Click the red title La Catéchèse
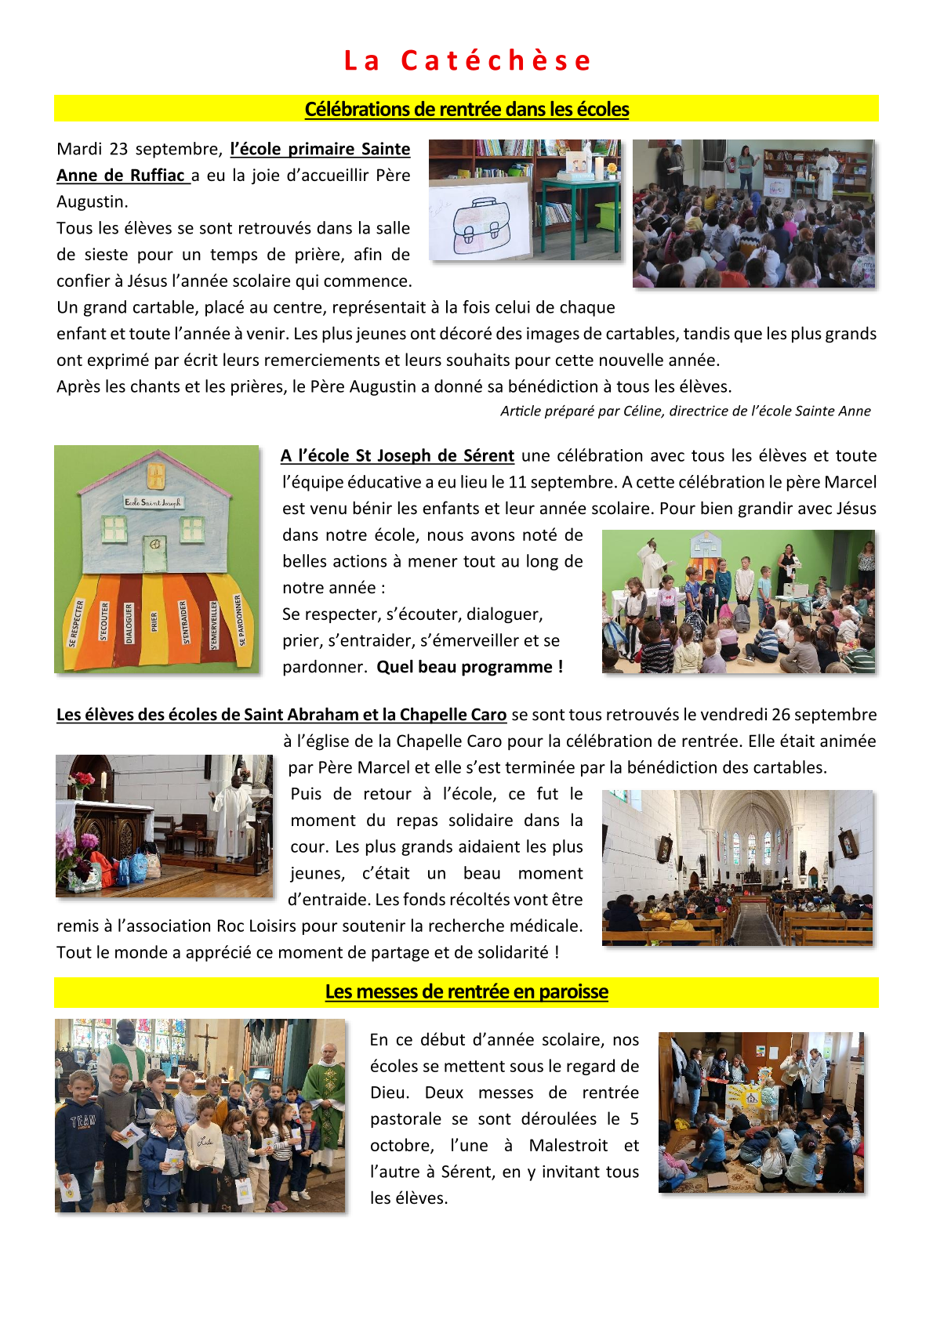[x=467, y=60]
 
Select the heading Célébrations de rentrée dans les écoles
[x=466, y=110]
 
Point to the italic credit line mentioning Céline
[x=685, y=411]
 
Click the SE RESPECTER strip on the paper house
[x=76, y=624]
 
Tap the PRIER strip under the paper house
[x=154, y=622]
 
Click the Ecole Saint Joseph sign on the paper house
[x=153, y=502]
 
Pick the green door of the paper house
[x=154, y=553]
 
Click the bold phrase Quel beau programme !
[x=470, y=667]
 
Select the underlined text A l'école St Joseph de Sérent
[x=398, y=456]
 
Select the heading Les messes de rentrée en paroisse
[x=466, y=992]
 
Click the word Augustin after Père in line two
[x=92, y=202]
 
